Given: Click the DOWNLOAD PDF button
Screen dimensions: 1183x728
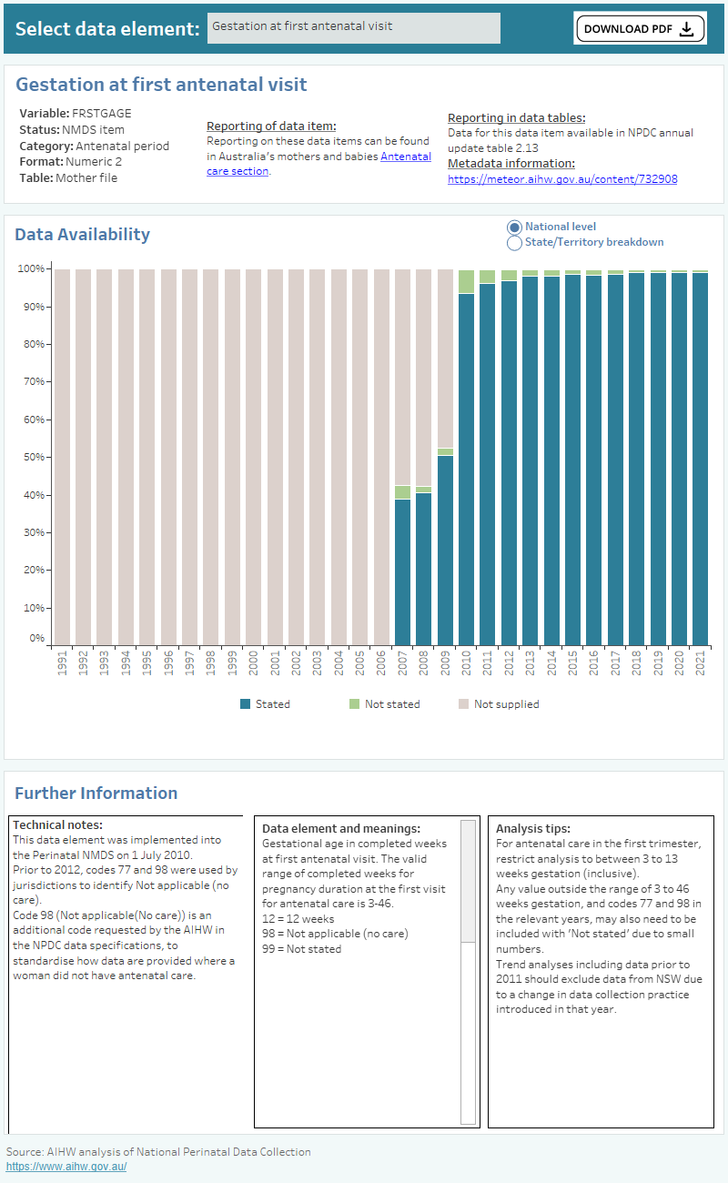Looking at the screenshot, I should pyautogui.click(x=640, y=28).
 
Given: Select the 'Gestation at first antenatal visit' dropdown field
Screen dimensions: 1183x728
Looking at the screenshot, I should pyautogui.click(x=354, y=27).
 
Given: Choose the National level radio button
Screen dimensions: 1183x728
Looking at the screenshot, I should pyautogui.click(x=514, y=227).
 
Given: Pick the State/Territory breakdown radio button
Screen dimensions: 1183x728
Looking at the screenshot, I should pyautogui.click(x=514, y=243).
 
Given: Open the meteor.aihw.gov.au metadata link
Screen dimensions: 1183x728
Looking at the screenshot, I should pyautogui.click(x=562, y=179).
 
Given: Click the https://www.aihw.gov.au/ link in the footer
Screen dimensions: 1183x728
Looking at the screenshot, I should pyautogui.click(x=66, y=1167).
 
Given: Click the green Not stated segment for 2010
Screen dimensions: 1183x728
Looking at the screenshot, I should pyautogui.click(x=466, y=281).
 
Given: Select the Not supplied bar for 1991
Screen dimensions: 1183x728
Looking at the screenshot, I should pyautogui.click(x=62, y=455).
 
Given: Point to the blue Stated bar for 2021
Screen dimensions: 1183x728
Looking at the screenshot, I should pyautogui.click(x=700, y=459).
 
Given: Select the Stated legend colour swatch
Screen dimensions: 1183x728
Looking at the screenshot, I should pyautogui.click(x=245, y=704).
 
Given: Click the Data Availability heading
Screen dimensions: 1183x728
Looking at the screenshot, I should pyautogui.click(x=83, y=234).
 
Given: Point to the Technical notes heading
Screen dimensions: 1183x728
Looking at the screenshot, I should pyautogui.click(x=58, y=824).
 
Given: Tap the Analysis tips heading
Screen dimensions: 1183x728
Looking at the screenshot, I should pyautogui.click(x=532, y=829).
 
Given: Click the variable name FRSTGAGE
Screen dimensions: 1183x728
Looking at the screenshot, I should pyautogui.click(x=101, y=114).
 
